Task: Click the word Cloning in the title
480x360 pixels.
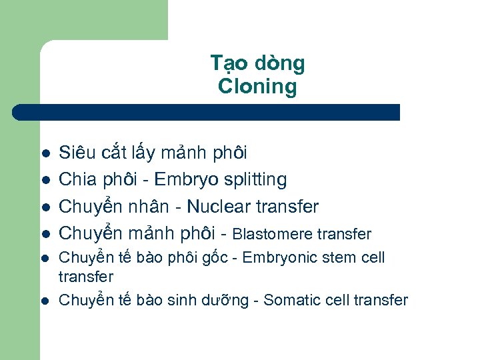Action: coord(257,86)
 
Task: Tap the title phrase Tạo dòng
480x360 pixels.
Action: coord(257,63)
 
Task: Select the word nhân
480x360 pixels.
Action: coord(151,207)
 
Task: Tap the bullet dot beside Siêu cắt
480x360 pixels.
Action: coord(45,153)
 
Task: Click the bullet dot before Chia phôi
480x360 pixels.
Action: coord(45,180)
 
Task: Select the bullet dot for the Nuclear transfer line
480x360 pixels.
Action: coord(45,207)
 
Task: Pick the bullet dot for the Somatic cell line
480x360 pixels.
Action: coord(45,301)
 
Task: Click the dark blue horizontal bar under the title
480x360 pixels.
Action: coord(207,112)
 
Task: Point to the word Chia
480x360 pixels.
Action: coord(77,179)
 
